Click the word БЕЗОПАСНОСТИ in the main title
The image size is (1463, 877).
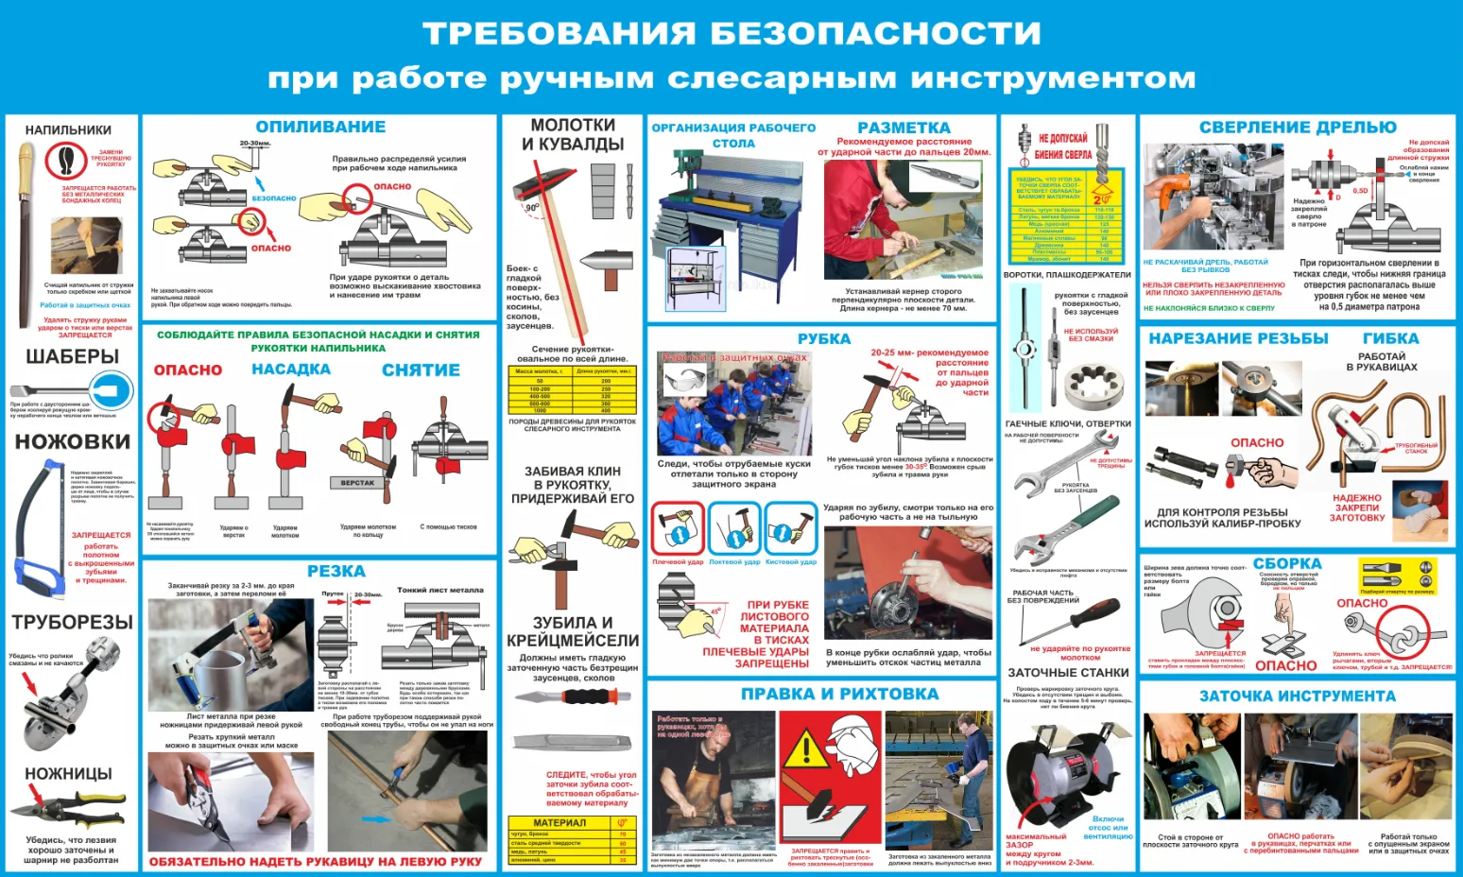pyautogui.click(x=875, y=33)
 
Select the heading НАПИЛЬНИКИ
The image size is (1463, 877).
pyautogui.click(x=68, y=129)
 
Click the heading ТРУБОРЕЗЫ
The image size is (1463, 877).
pyautogui.click(x=72, y=622)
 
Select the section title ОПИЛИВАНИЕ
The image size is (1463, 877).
pyautogui.click(x=320, y=127)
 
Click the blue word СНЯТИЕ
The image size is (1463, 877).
pyautogui.click(x=421, y=370)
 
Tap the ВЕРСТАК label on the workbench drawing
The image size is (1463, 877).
pyautogui.click(x=357, y=483)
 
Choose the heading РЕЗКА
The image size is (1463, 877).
pyautogui.click(x=336, y=571)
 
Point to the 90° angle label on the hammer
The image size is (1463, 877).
pyautogui.click(x=532, y=207)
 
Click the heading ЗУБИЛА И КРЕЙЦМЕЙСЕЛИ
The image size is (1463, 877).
pyautogui.click(x=573, y=631)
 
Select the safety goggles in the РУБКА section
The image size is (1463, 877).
pyautogui.click(x=684, y=382)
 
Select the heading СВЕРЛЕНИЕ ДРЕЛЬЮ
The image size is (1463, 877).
pyautogui.click(x=1297, y=128)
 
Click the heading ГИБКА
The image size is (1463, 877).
pyautogui.click(x=1390, y=338)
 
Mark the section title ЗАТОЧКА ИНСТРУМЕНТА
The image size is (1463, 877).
pyautogui.click(x=1297, y=696)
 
